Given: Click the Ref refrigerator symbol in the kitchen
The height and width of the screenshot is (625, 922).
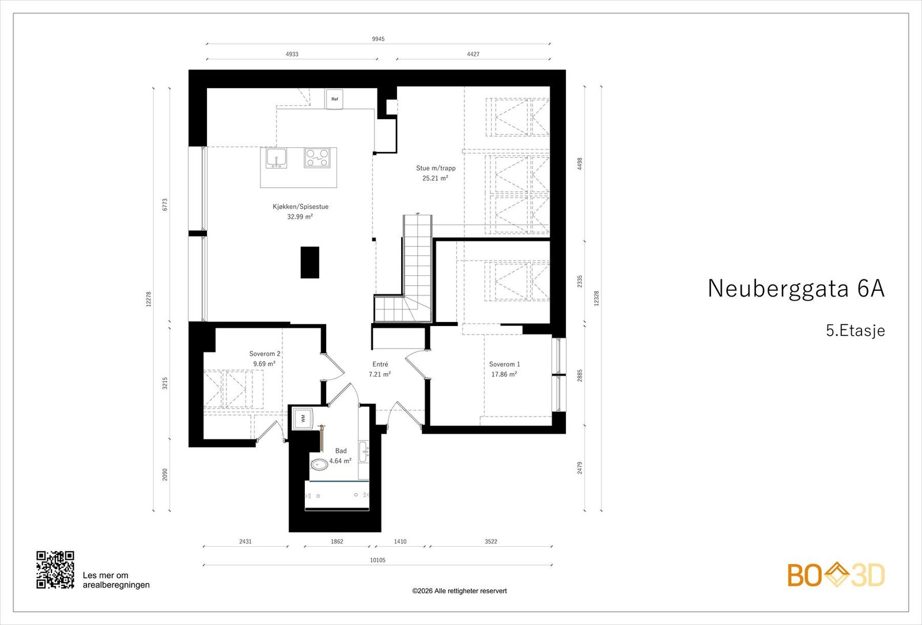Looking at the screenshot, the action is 334,99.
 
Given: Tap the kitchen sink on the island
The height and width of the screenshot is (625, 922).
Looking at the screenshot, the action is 276,158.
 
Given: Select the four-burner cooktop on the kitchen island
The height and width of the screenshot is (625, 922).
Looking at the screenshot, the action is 317,158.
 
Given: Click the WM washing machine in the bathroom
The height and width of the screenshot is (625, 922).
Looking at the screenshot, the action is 303,418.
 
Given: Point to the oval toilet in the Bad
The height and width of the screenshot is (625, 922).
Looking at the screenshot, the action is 319,465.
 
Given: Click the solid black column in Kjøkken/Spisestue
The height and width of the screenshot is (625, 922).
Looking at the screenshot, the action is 310,263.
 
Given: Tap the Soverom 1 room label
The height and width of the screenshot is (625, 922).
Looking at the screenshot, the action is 505,364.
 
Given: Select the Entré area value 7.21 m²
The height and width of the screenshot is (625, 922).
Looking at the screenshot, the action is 380,374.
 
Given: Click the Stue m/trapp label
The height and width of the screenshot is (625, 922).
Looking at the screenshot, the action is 436,168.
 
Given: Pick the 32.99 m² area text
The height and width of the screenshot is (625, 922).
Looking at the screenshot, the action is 300,217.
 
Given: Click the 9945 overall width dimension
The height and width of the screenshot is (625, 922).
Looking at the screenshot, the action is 378,39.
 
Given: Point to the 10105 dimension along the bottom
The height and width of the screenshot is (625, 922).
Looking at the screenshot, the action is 378,560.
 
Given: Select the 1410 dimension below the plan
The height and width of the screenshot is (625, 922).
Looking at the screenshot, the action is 400,541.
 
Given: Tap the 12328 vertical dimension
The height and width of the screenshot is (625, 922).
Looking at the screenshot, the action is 596,298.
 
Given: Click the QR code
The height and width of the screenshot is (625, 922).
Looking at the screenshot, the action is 55,570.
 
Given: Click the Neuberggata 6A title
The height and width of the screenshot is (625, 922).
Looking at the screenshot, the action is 796,289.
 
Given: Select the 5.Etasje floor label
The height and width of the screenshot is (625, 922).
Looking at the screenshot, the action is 855,331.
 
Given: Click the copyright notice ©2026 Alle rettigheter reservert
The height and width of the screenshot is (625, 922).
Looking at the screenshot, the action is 459,591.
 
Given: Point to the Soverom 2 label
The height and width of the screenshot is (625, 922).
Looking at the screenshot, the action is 264,354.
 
